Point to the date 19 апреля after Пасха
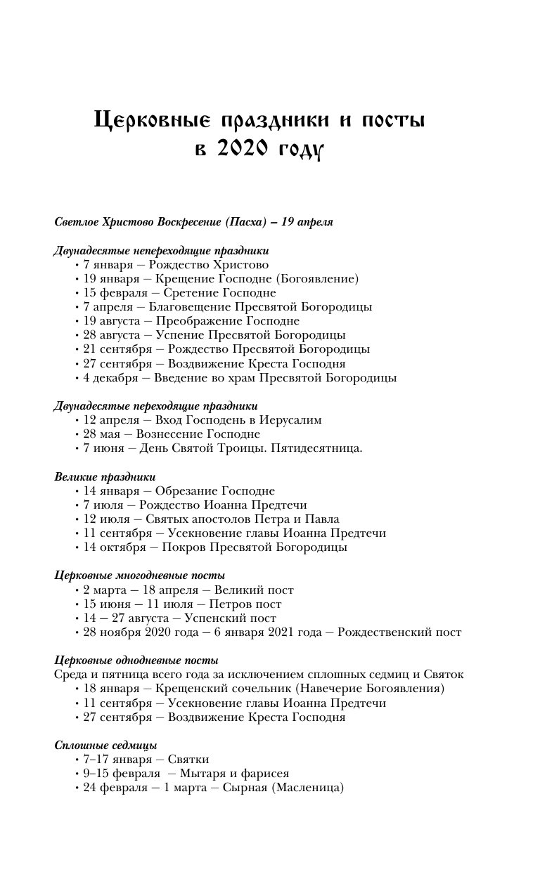click(307, 222)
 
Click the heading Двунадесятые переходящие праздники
click(155, 406)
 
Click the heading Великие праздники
click(105, 477)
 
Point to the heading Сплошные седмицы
click(105, 746)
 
